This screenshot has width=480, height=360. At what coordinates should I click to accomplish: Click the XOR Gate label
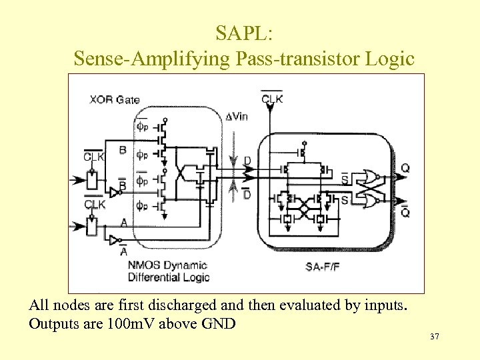[114, 100]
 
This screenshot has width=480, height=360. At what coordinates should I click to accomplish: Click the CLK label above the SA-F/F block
[271, 99]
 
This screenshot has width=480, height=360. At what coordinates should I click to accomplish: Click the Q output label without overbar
[405, 169]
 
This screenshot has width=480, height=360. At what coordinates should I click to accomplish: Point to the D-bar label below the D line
[247, 194]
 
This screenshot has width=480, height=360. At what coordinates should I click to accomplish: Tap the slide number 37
[434, 338]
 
